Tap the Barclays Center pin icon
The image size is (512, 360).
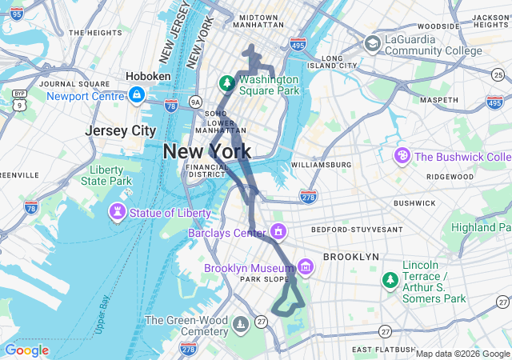point(278,233)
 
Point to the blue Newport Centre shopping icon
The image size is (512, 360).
point(137,96)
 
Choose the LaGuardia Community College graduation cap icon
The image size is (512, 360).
point(373,43)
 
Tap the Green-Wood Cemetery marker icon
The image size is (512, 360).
point(241,323)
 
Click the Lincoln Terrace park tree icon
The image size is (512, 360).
point(390,280)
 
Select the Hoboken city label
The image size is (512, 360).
point(148,76)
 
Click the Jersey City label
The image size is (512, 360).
point(121,130)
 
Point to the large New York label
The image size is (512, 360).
point(207,151)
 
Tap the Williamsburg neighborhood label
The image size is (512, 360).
point(321,165)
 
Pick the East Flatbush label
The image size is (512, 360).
point(383,350)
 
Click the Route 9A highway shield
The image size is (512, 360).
point(195,102)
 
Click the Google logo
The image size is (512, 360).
point(26,350)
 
